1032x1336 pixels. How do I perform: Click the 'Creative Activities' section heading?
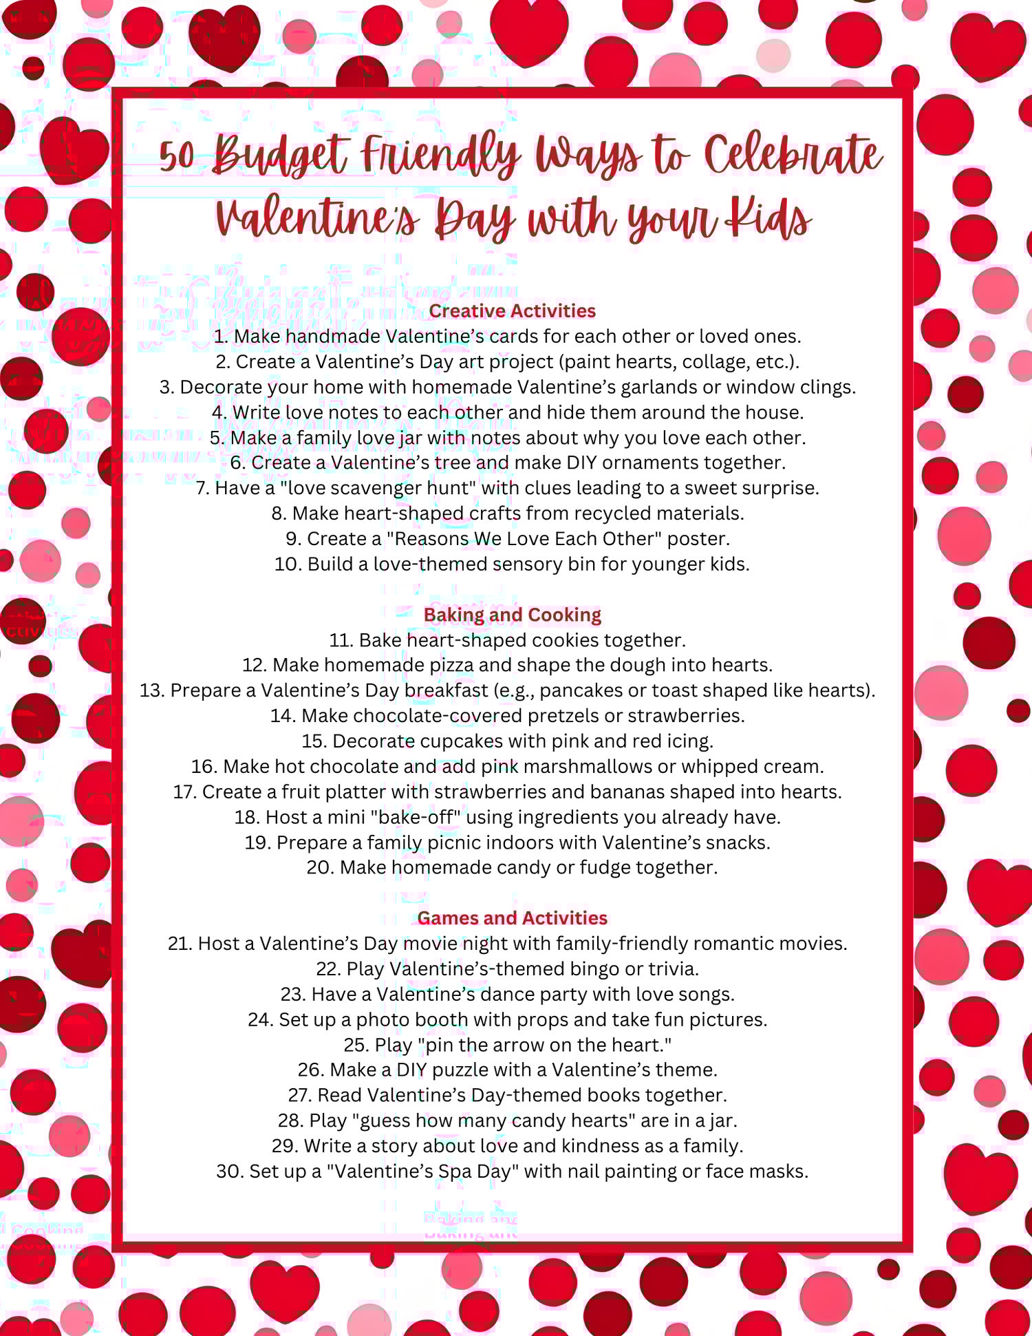(x=512, y=311)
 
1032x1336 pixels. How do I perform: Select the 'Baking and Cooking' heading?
(x=512, y=615)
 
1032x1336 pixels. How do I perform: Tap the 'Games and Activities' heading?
(x=512, y=918)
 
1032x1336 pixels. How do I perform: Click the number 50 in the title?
(x=178, y=156)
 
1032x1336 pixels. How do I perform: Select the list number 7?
(x=202, y=488)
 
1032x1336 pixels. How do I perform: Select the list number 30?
(x=229, y=1171)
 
